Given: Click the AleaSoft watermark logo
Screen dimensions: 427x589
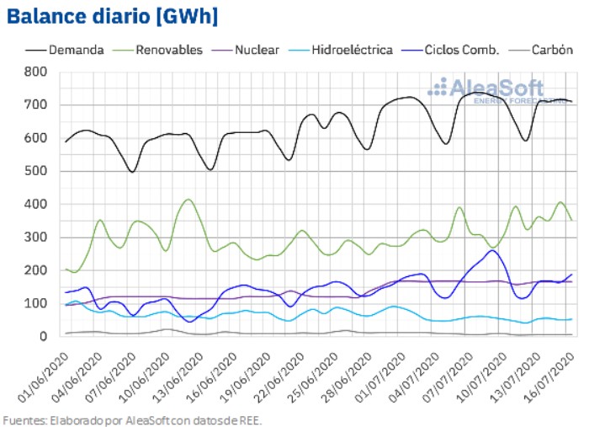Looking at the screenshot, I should coord(486,89).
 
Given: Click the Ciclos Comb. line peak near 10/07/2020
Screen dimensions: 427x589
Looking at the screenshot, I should coord(492,250).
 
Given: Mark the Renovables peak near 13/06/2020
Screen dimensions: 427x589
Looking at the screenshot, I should coord(188,200).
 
